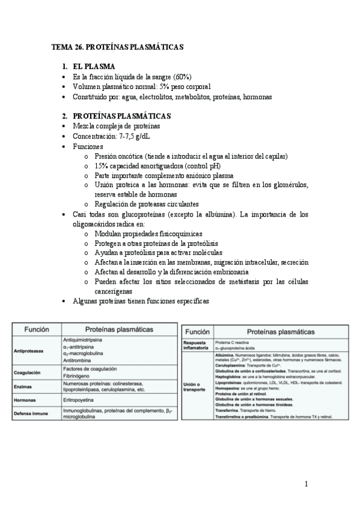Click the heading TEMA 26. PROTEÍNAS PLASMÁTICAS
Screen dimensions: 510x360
pos(117,46)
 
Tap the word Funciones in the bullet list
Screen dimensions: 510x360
pos(88,146)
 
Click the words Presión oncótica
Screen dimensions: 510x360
pos(121,156)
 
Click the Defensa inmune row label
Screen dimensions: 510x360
pos(33,413)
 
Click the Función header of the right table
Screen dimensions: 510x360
pos(197,331)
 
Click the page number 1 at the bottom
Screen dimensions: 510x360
pos(306,484)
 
